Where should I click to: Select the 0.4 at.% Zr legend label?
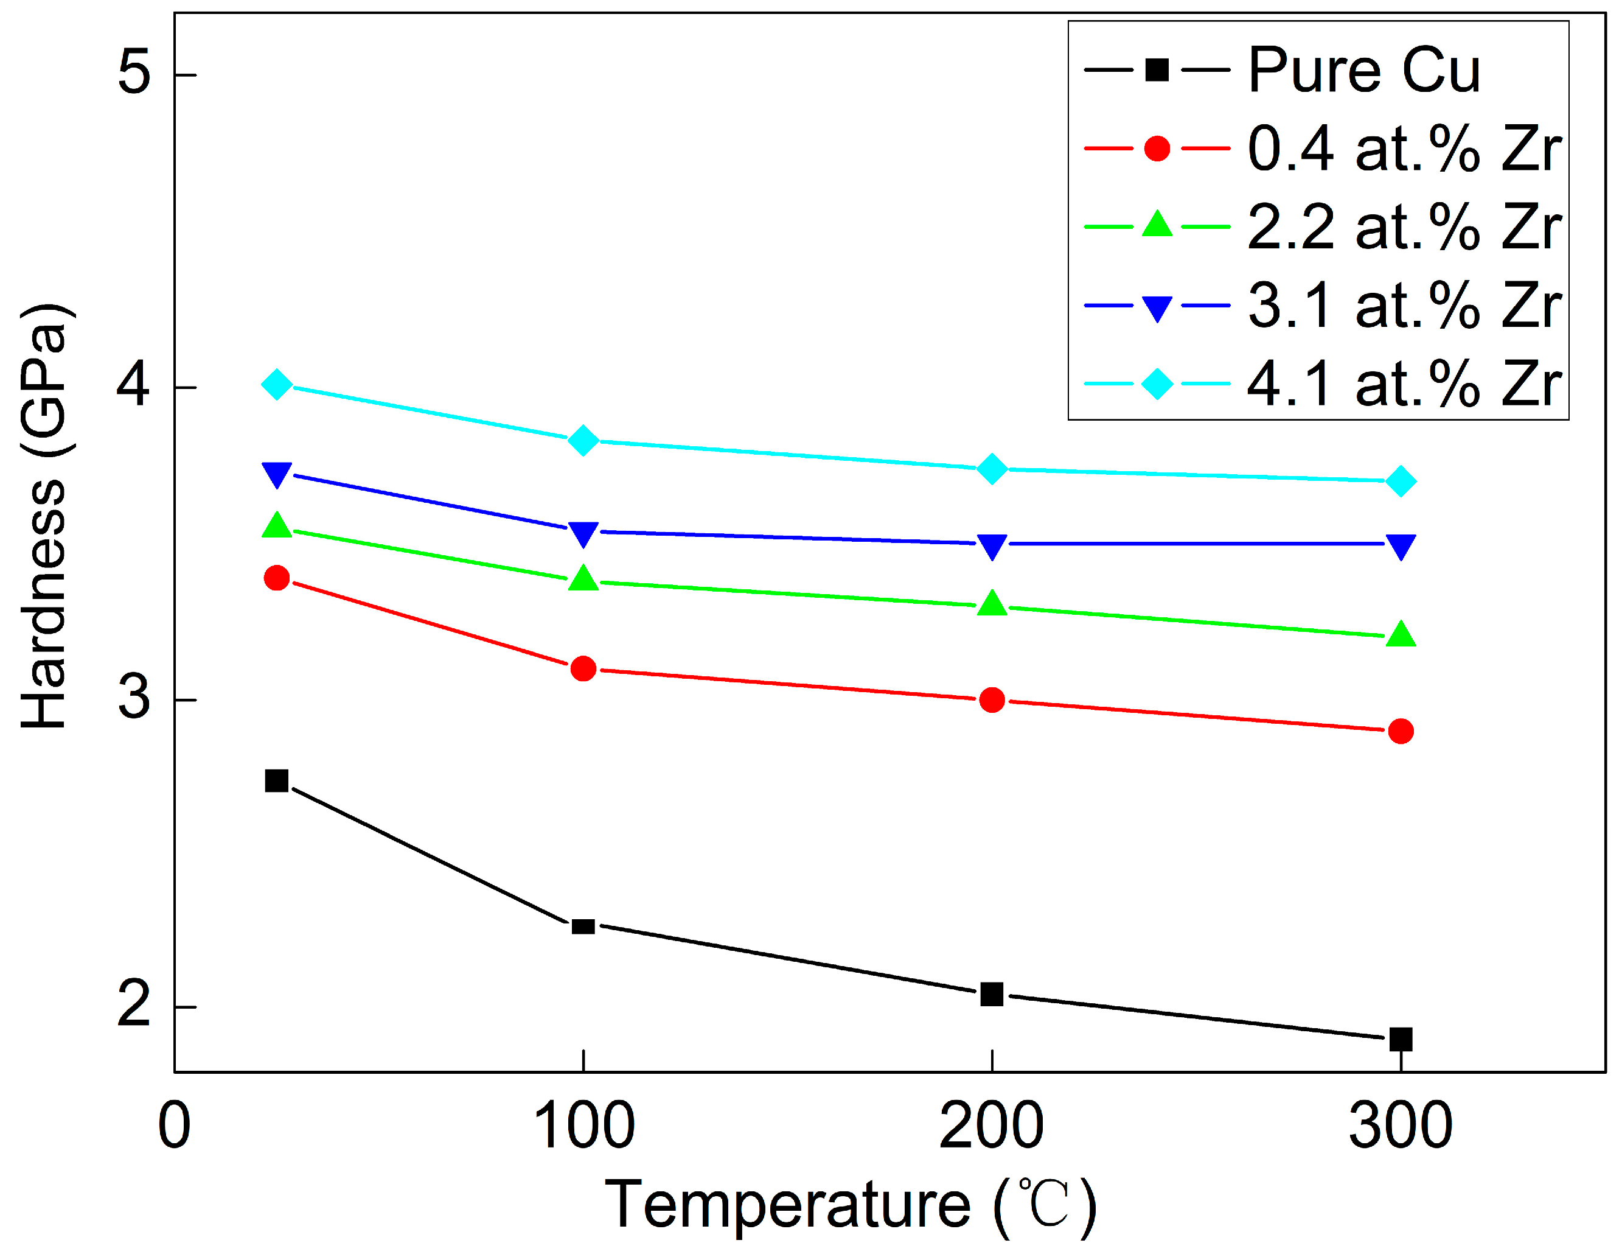(x=1404, y=149)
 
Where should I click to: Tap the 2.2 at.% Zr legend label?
(x=1404, y=226)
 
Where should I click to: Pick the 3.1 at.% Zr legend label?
(x=1404, y=306)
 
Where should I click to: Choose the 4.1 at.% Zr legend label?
(x=1404, y=384)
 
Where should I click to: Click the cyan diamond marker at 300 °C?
(x=1401, y=482)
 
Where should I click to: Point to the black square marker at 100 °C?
(x=583, y=926)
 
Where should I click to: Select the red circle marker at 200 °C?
(x=992, y=700)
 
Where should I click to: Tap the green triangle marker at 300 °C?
(x=1401, y=634)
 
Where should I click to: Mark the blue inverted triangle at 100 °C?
(x=583, y=533)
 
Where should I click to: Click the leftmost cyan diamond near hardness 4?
(x=277, y=385)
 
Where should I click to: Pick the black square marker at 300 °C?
(x=1401, y=1039)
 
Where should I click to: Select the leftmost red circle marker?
(x=277, y=578)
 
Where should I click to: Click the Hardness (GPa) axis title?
(x=44, y=516)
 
